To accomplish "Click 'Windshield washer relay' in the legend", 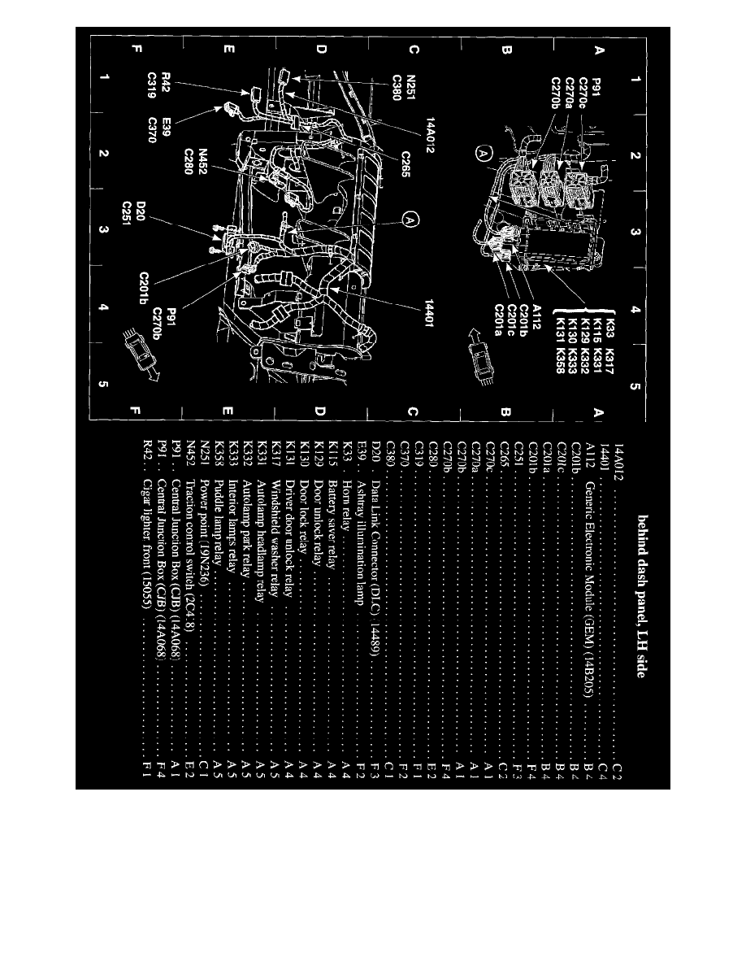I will (276, 529).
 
